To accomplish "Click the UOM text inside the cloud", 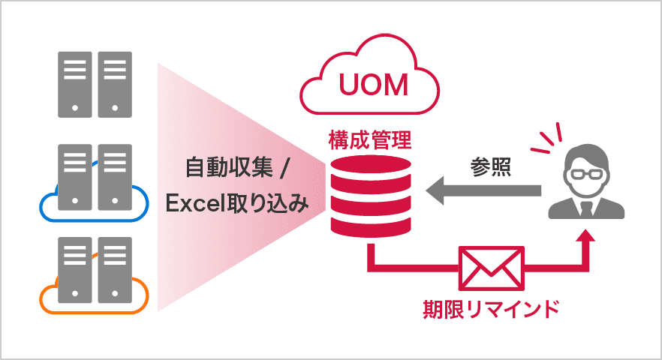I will coord(373,84).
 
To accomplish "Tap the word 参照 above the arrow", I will coord(492,166).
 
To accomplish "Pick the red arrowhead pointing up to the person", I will coord(585,238).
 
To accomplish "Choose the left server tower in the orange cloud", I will coord(74,271).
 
